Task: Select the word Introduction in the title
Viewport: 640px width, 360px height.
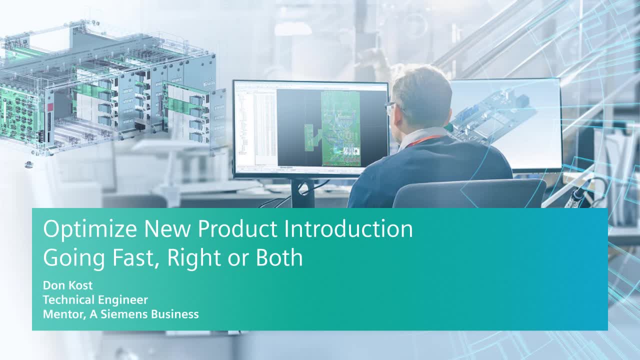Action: pos(348,228)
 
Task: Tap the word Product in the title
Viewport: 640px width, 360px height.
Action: pos(237,228)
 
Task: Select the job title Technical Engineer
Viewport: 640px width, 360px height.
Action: pos(95,300)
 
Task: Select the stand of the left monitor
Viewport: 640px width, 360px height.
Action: pos(302,193)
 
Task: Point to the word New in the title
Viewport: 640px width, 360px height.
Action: pos(167,228)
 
